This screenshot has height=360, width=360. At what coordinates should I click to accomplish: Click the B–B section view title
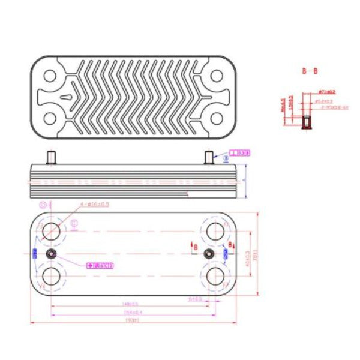[x=310, y=71]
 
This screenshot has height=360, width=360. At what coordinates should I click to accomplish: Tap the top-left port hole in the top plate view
[x=50, y=76]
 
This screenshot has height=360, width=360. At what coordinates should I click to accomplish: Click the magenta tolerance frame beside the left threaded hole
[x=100, y=265]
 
